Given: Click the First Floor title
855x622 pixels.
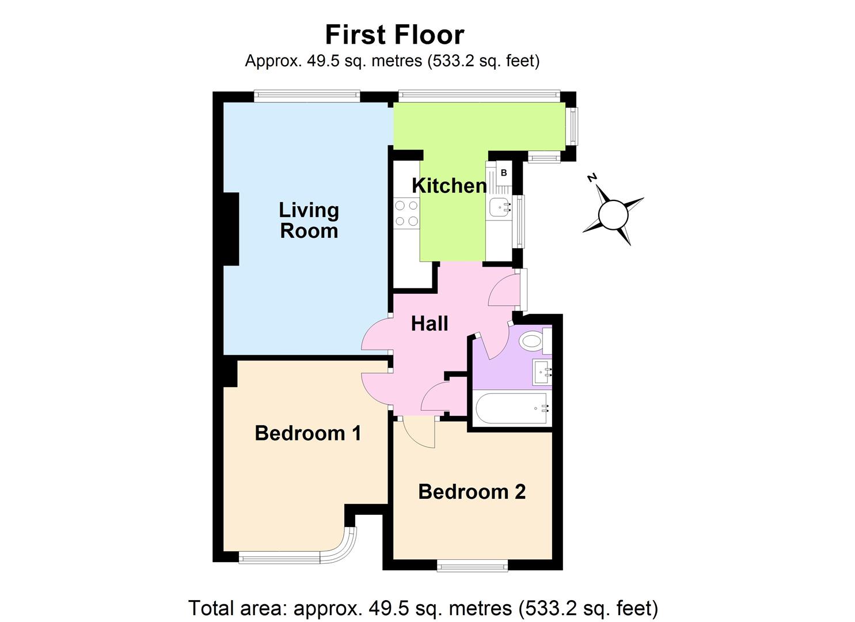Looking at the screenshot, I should (x=394, y=35).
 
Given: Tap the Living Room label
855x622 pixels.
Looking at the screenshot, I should (x=309, y=220).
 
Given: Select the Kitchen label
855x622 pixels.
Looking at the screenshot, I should (x=449, y=185).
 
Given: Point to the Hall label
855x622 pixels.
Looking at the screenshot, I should (x=430, y=324).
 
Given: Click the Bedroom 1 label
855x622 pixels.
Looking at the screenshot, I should (x=307, y=433).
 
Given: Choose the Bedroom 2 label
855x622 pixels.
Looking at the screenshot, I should (x=472, y=492).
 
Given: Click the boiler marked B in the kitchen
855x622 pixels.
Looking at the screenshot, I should (x=504, y=173).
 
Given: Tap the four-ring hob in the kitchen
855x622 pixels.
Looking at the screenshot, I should (x=406, y=213).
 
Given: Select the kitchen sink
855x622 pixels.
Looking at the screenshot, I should (x=499, y=206).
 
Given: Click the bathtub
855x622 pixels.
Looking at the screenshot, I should (x=511, y=408).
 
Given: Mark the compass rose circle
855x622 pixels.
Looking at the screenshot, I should (x=613, y=215).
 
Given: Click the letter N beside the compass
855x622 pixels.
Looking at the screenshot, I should (x=591, y=177).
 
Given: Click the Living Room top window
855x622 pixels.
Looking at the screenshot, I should (x=307, y=96).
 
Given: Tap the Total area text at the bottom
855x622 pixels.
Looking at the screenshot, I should (x=423, y=608).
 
